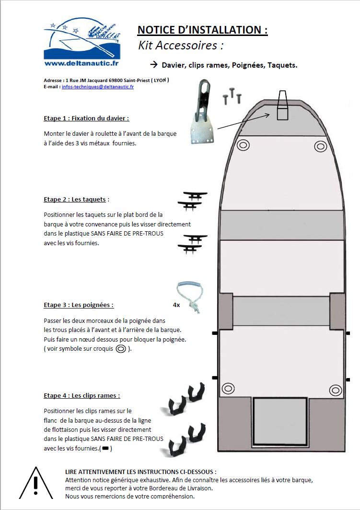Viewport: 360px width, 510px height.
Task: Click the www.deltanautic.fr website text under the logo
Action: pyautogui.click(x=81, y=63)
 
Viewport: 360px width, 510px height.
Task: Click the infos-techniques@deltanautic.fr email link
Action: pyautogui.click(x=98, y=87)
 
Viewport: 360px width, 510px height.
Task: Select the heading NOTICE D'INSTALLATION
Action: pyautogui.click(x=202, y=30)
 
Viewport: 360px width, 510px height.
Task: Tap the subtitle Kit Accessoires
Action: pyautogui.click(x=181, y=46)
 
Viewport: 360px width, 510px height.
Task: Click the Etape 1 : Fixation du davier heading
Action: pyautogui.click(x=86, y=118)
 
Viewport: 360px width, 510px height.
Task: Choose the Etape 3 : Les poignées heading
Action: pyautogui.click(x=79, y=305)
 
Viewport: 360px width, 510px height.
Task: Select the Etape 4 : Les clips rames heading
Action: pyautogui.click(x=81, y=395)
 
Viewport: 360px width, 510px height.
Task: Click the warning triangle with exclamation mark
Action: pyautogui.click(x=35, y=483)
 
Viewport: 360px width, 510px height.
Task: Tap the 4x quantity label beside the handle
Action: pyautogui.click(x=176, y=305)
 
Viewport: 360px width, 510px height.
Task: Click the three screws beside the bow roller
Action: pyautogui.click(x=232, y=95)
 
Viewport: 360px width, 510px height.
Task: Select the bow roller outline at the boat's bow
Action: pyautogui.click(x=282, y=106)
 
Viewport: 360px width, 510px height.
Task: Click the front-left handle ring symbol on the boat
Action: pyautogui.click(x=243, y=145)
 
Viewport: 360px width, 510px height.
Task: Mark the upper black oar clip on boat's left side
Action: pyautogui.click(x=214, y=332)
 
